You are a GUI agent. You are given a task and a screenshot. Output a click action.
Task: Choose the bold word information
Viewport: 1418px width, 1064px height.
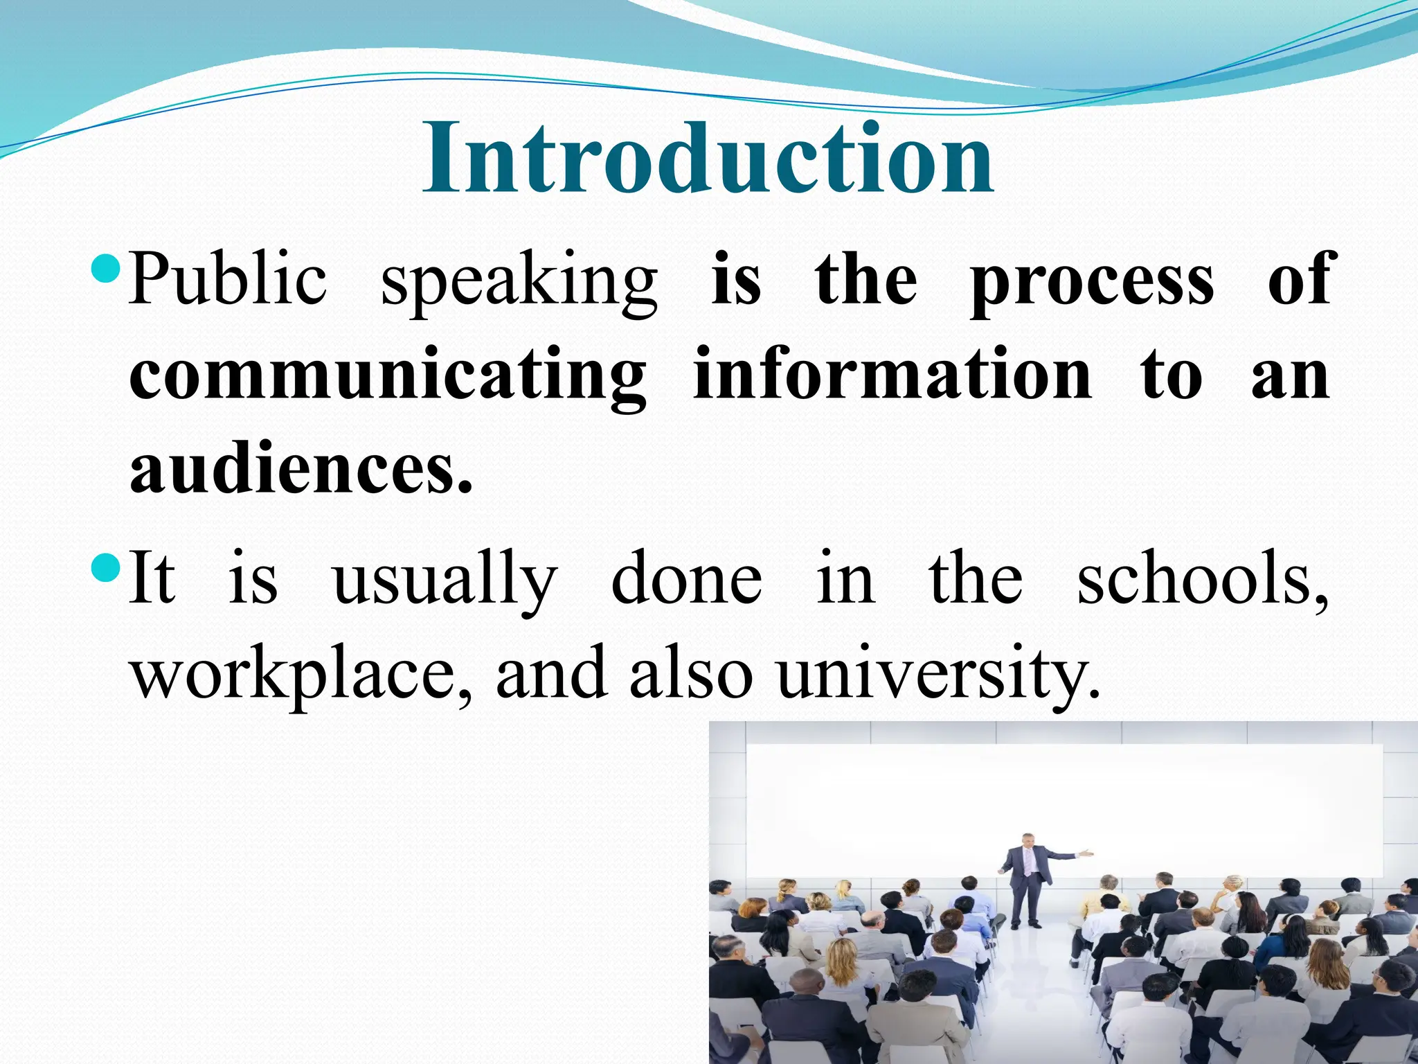pos(892,375)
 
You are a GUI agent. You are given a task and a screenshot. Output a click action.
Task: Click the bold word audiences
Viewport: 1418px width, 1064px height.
pos(300,470)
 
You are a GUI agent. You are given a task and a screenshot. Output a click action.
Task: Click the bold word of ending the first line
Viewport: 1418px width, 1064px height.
pos(1298,278)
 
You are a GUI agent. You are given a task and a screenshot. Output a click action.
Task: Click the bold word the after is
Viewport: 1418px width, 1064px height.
pos(866,278)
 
